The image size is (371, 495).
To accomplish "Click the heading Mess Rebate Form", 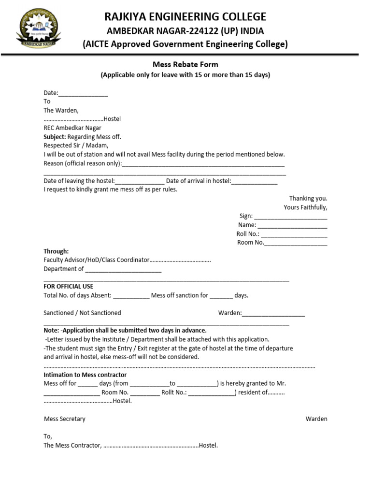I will [x=185, y=64].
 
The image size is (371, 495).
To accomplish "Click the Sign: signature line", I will [x=290, y=217].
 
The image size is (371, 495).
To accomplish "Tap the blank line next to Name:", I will [x=292, y=225].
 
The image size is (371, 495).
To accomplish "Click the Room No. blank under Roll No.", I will [x=296, y=243].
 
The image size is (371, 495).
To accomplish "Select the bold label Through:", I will [x=56, y=251].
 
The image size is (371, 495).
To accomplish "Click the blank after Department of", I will [x=123, y=269].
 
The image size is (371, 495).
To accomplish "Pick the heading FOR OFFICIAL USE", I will [x=68, y=287].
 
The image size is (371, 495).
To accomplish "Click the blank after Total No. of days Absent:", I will [x=131, y=295].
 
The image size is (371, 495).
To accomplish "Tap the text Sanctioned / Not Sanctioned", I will [x=82, y=313].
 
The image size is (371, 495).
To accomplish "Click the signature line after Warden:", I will [x=273, y=313].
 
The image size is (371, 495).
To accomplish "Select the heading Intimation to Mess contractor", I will [x=85, y=375].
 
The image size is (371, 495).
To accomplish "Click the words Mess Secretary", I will [x=64, y=419].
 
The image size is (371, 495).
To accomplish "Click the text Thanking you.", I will [x=308, y=198].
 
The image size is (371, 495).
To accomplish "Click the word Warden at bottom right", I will [x=316, y=419].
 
